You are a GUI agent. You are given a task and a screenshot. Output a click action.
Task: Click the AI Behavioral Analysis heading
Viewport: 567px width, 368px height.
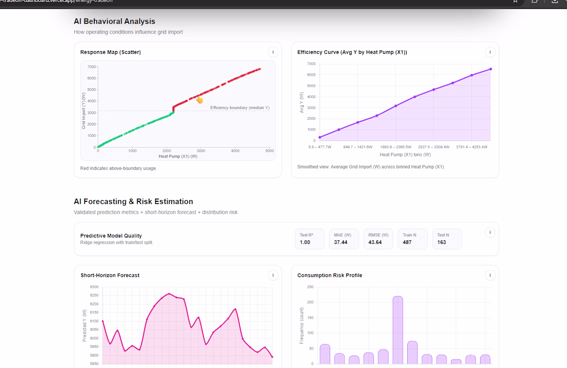pyautogui.click(x=114, y=21)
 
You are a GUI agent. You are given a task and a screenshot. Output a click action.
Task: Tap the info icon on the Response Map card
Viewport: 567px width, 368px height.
pyautogui.click(x=273, y=52)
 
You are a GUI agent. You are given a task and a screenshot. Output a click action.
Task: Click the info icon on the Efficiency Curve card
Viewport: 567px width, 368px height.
pyautogui.click(x=490, y=52)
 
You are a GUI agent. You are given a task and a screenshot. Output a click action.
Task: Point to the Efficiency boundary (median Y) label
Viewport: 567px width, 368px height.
pyautogui.click(x=240, y=107)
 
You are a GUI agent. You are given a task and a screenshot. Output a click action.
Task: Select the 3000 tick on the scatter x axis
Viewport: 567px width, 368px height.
pyautogui.click(x=201, y=151)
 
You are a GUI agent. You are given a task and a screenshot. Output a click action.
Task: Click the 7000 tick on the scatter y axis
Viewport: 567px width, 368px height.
pyautogui.click(x=91, y=67)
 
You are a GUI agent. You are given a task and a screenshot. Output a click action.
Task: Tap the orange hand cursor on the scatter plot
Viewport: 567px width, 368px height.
pyautogui.click(x=199, y=100)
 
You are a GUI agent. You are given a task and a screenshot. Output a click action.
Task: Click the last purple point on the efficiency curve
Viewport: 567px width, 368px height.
pyautogui.click(x=491, y=69)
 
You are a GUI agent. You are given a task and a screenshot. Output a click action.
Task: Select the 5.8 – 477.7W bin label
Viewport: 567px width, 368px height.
pyautogui.click(x=320, y=147)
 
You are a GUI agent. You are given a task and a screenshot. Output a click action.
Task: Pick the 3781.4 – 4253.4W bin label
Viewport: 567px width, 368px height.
pyautogui.click(x=472, y=147)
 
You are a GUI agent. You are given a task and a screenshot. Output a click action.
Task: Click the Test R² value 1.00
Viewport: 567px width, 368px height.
pyautogui.click(x=305, y=242)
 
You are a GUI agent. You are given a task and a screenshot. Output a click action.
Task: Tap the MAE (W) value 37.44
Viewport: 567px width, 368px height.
pyautogui.click(x=341, y=242)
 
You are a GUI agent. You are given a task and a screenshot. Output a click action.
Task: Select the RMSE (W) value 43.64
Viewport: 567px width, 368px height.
pyautogui.click(x=375, y=242)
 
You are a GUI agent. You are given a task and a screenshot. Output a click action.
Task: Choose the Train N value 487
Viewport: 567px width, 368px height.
pyautogui.click(x=407, y=242)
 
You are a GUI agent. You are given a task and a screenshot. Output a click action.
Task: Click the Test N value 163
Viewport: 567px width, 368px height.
pyautogui.click(x=442, y=242)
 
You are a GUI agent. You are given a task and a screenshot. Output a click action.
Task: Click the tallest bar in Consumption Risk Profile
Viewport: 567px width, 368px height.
pyautogui.click(x=398, y=330)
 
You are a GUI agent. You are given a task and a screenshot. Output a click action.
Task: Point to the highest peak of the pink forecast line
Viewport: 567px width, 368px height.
pyautogui.click(x=169, y=294)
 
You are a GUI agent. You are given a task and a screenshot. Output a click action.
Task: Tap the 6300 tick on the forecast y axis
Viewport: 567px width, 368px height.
pyautogui.click(x=94, y=287)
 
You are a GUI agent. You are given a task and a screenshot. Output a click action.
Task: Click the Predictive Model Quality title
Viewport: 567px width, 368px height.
pyautogui.click(x=111, y=236)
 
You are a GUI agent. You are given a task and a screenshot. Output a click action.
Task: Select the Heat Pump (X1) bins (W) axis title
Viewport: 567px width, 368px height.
pyautogui.click(x=405, y=155)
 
